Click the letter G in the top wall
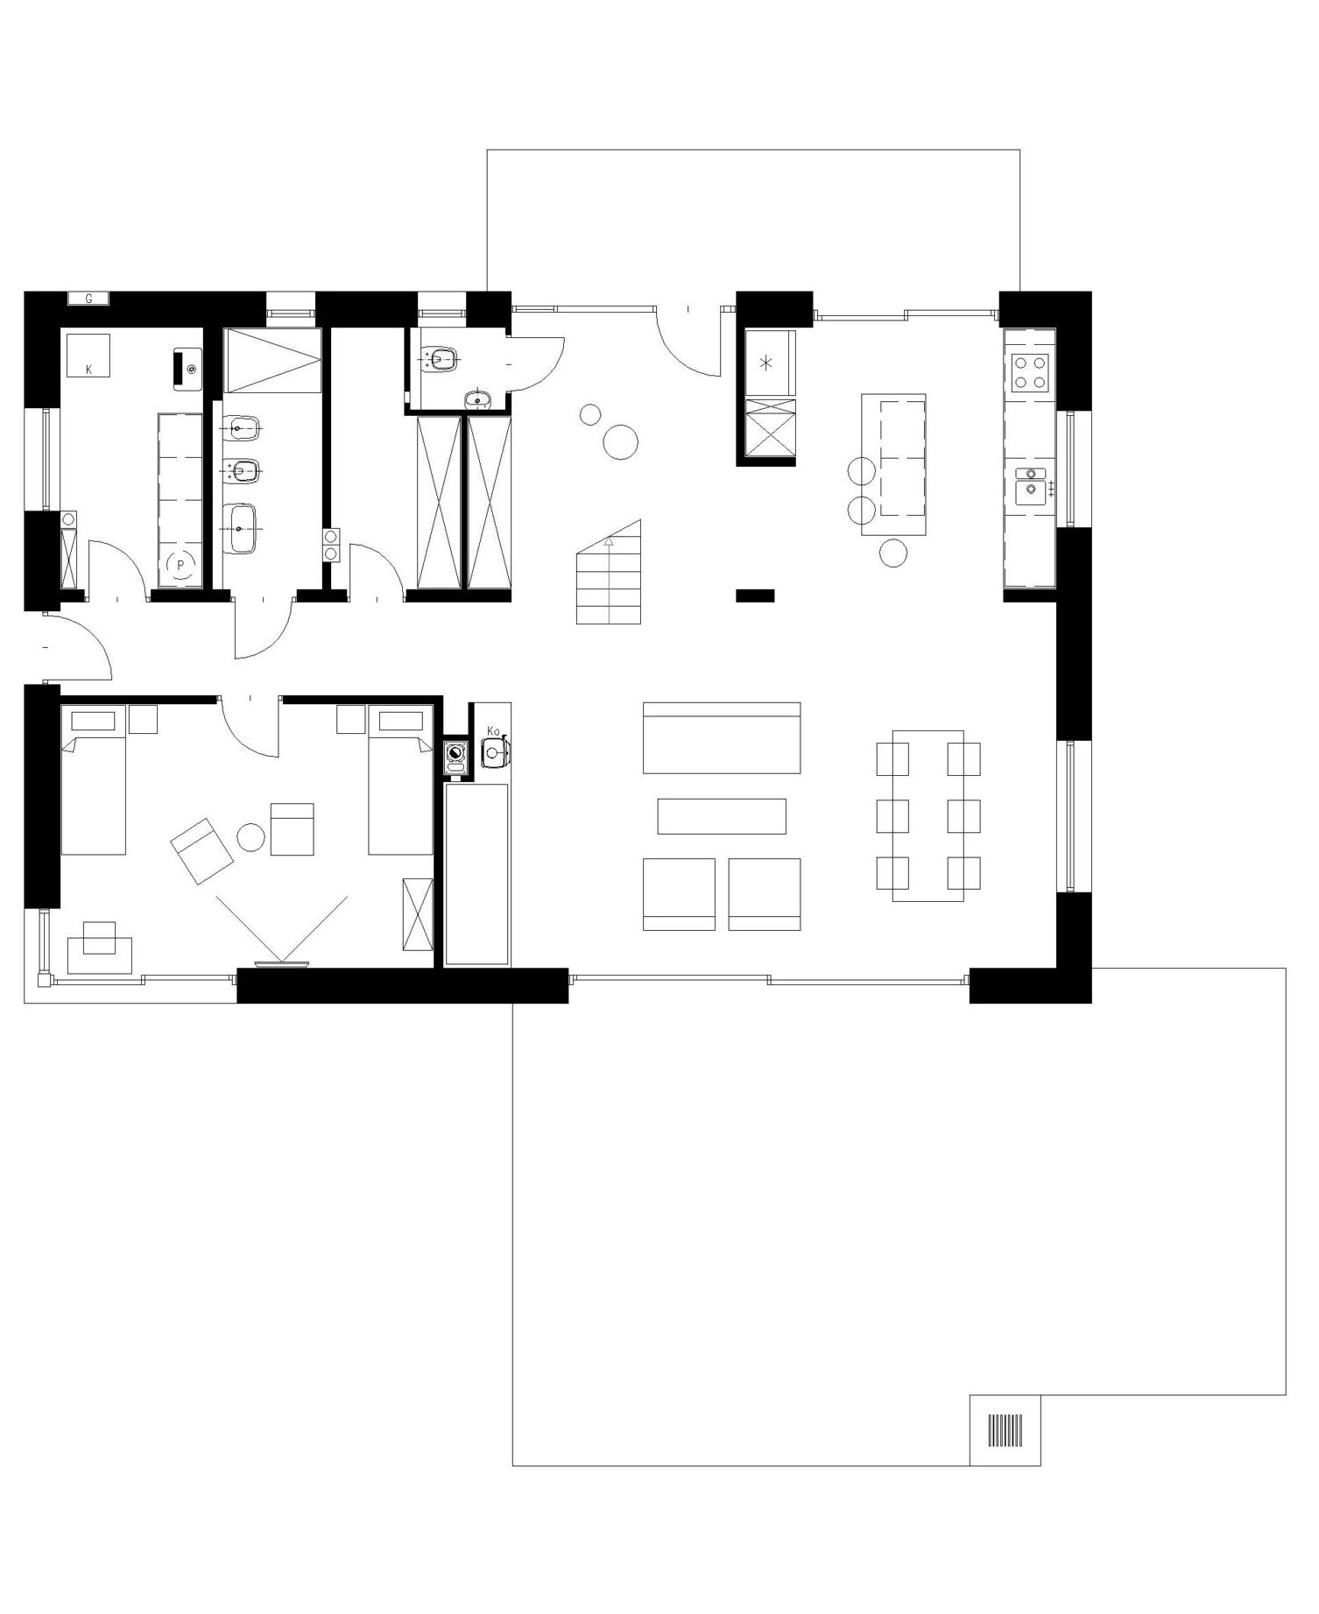pos(88,300)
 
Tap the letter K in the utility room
pos(88,370)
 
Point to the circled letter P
pos(180,566)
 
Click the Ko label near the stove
pos(493,730)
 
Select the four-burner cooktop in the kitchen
pos(1030,372)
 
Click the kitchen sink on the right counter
pos(1031,486)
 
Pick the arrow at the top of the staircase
pos(609,543)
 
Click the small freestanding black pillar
pos(755,596)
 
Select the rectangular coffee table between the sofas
pos(722,816)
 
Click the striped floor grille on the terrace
pos(1005,1430)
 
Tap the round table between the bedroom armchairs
pos(251,837)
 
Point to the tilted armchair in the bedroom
pos(201,851)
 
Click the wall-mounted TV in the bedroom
pos(282,964)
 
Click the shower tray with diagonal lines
pos(273,361)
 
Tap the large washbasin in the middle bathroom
pos(239,528)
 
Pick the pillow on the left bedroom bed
pos(93,721)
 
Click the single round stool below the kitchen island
pos(893,553)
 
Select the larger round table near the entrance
pos(621,441)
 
